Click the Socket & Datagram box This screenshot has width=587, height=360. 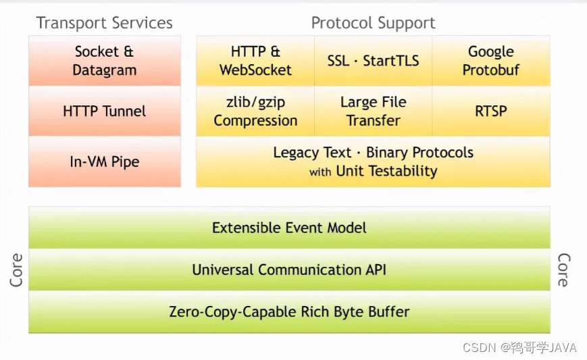click(105, 61)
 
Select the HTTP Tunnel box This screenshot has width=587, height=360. click(105, 111)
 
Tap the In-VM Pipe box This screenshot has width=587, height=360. click(105, 161)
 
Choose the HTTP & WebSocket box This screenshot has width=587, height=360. click(255, 61)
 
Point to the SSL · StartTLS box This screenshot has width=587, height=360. click(374, 61)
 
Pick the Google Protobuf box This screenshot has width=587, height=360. click(491, 61)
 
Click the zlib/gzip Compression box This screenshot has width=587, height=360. click(255, 111)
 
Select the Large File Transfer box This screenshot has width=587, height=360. click(374, 111)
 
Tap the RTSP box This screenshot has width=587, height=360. click(491, 111)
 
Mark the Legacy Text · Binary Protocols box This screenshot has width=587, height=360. click(374, 161)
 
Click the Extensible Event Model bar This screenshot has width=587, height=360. click(289, 228)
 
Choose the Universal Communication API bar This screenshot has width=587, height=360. click(289, 269)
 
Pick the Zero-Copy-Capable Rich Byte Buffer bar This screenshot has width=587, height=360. click(289, 312)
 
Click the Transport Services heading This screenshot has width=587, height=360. click(105, 23)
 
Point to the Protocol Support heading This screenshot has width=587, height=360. click(374, 23)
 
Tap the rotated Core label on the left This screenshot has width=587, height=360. click(16, 269)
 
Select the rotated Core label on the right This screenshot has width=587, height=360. click(564, 269)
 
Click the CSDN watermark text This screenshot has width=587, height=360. click(519, 348)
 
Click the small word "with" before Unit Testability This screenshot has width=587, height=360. click(320, 172)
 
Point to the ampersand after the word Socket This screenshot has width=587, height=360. click(128, 51)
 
